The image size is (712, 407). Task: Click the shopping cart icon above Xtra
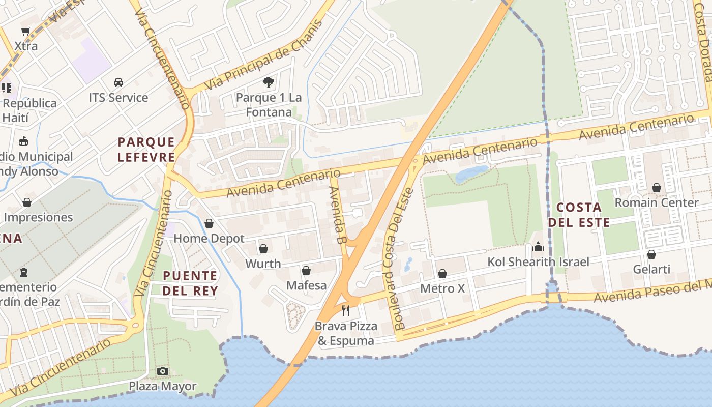coord(26,31)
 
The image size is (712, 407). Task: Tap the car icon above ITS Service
coord(118,82)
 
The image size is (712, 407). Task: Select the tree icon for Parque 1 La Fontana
coord(269,82)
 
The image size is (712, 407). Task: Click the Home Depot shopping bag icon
coord(209,223)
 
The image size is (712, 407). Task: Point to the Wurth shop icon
coord(263,249)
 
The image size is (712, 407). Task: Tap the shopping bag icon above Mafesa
coord(306,271)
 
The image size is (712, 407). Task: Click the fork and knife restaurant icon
coord(346,310)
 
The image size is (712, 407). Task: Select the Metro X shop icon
coord(442,274)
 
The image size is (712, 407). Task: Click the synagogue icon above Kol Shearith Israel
coord(538,247)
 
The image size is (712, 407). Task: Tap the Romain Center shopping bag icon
coord(656,188)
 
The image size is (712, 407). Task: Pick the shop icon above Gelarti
coord(651,254)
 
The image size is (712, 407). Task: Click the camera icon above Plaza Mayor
coord(162,371)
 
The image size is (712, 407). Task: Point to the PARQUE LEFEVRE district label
coord(146,150)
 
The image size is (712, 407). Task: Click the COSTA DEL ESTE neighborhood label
coord(579,215)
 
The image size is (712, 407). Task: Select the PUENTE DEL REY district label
coord(190,283)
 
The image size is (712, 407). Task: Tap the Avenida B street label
coord(337,215)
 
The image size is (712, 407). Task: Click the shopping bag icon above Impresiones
coord(26,202)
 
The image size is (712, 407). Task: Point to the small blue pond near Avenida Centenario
coord(471,173)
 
